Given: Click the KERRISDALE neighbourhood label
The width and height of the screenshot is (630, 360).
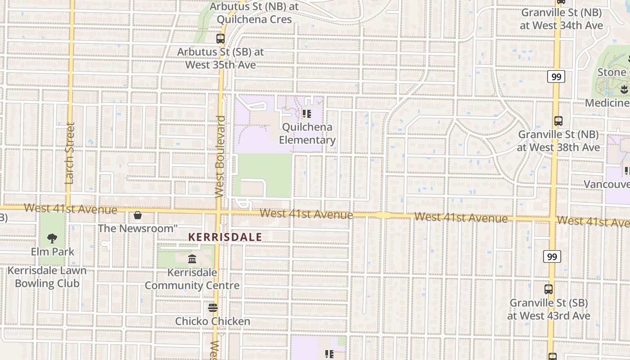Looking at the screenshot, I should [225, 237].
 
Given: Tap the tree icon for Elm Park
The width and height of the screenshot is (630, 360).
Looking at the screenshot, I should [52, 238].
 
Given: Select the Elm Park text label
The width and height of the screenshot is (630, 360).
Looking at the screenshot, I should [52, 252].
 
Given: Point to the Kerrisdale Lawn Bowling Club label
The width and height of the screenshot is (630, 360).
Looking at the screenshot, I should [47, 277].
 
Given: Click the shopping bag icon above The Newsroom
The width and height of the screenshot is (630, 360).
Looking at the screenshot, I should [138, 216].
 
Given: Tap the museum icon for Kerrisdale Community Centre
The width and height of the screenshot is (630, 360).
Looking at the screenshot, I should [192, 259].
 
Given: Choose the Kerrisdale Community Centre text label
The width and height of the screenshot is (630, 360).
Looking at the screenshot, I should [192, 279].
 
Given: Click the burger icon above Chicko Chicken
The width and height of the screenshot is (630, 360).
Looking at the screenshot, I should [213, 308].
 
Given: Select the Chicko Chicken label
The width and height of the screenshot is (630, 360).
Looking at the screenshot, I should [212, 321].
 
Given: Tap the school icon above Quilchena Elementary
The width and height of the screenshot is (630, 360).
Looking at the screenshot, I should [307, 113].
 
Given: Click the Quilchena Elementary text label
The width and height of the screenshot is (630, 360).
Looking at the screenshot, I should [307, 134].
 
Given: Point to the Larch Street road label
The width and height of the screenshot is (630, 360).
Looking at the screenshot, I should [69, 153].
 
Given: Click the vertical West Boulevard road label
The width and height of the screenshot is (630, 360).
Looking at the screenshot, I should [220, 157].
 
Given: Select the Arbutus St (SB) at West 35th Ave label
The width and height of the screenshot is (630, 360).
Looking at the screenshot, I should [220, 58].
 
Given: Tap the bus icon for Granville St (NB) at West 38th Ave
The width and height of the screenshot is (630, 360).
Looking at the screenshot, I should [558, 121].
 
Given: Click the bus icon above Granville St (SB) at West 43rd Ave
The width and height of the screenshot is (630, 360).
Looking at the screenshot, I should [549, 289].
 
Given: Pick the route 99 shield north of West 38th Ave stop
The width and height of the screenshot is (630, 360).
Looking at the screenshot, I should [556, 77].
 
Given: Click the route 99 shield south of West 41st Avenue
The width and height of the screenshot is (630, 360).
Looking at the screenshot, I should [552, 257].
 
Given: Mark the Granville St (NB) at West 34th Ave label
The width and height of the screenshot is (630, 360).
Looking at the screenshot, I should [561, 19].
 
